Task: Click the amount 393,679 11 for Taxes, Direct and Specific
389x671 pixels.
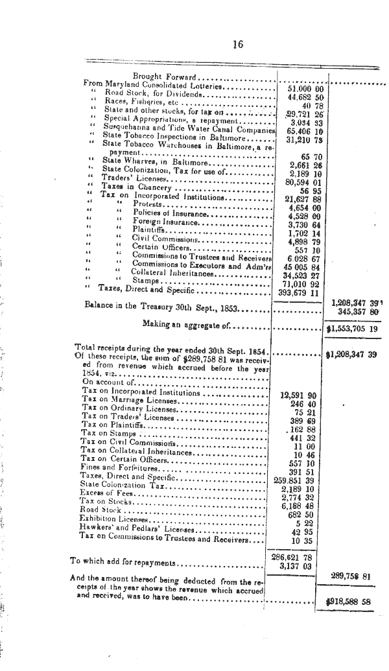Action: tap(300, 292)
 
